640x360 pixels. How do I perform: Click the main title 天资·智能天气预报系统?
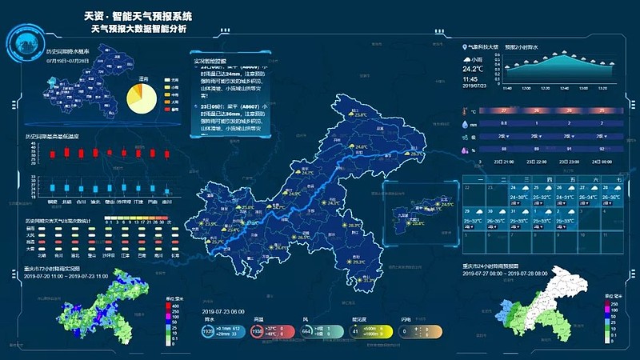click(x=138, y=15)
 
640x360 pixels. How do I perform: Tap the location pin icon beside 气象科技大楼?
click(x=465, y=47)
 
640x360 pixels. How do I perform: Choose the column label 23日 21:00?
click(x=503, y=162)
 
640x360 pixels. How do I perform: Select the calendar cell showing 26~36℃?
click(x=610, y=198)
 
